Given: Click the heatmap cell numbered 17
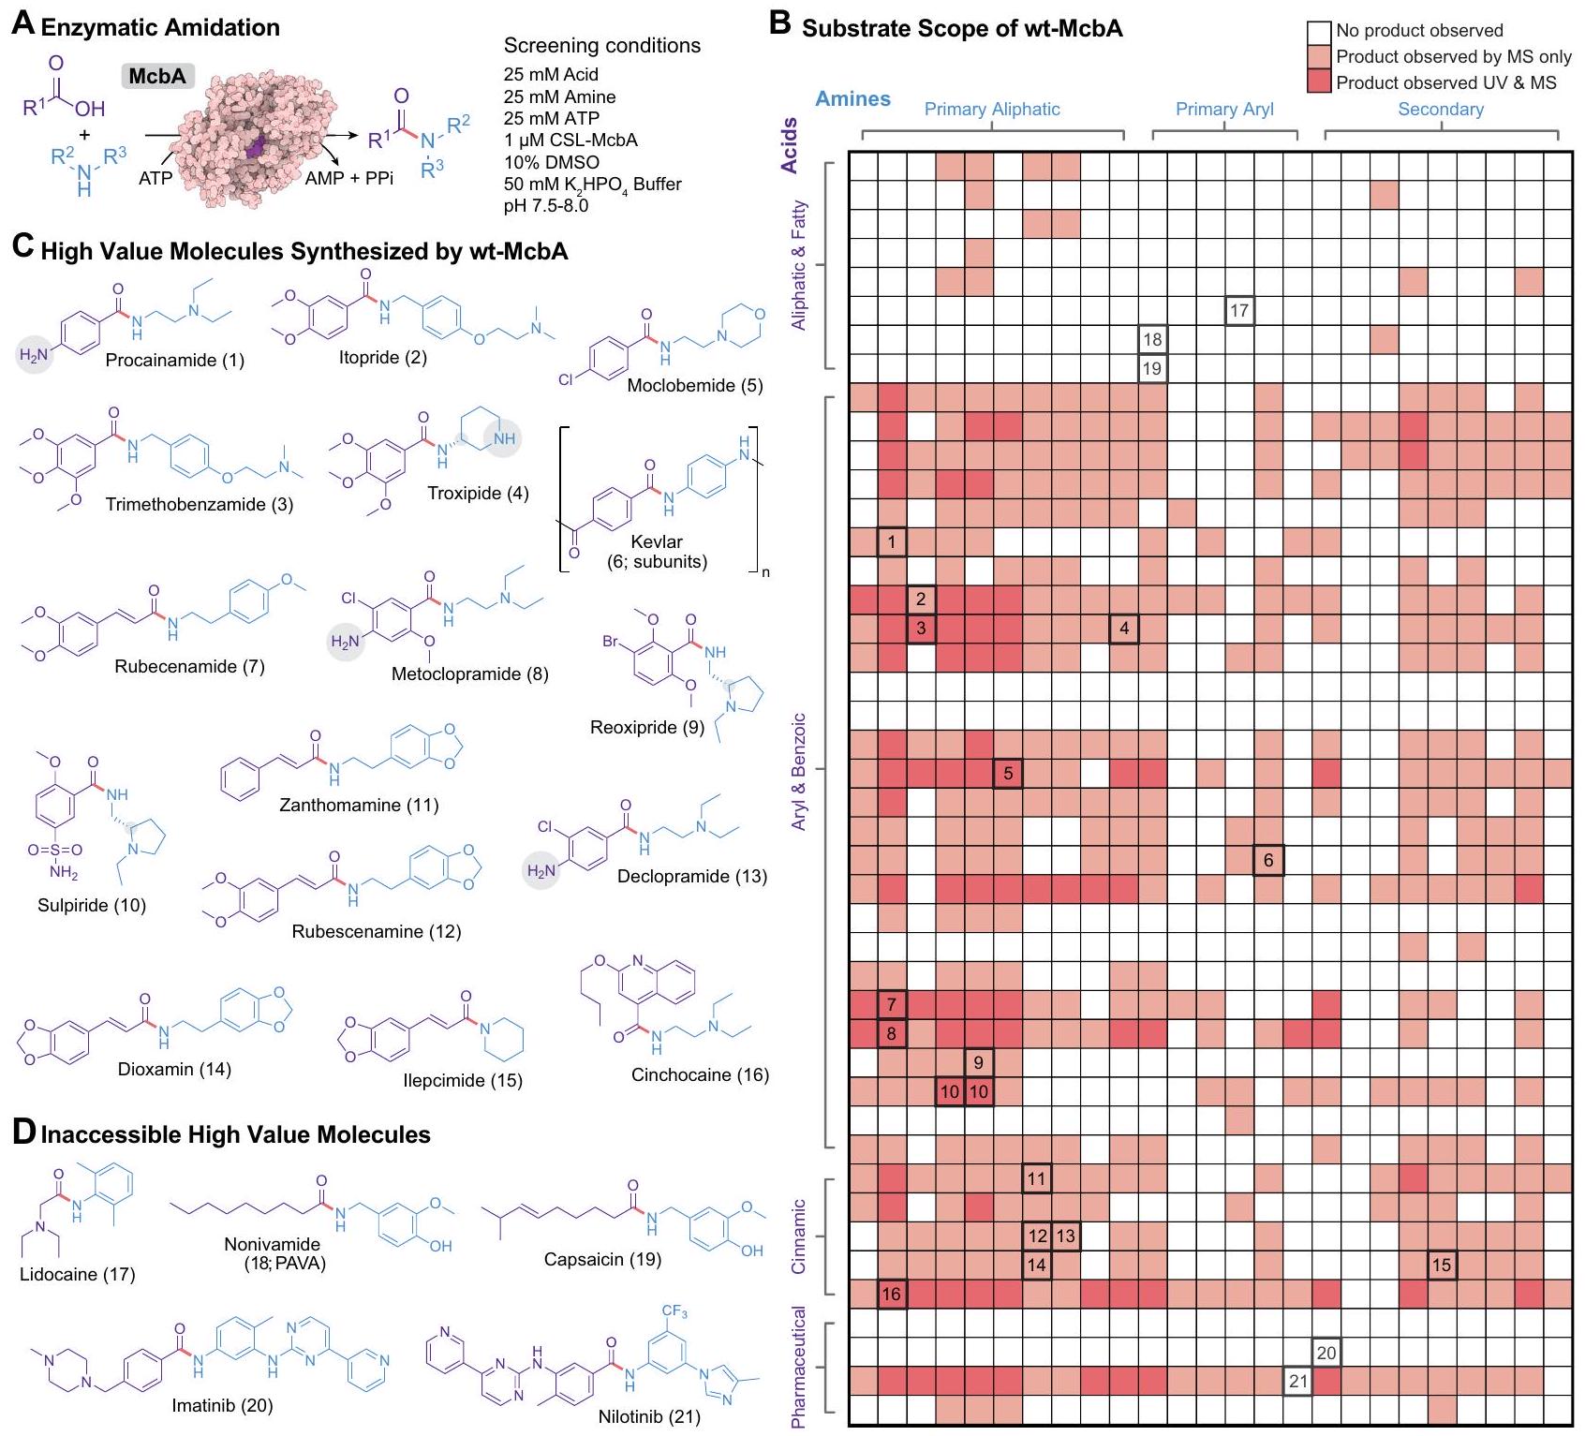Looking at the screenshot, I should pos(1239,311).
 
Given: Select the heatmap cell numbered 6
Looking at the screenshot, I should pos(1268,860).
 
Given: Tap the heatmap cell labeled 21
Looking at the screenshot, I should pos(1297,1381).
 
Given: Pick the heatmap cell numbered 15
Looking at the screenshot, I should pos(1442,1265).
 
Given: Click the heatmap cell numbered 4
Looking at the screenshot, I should pos(1124,629).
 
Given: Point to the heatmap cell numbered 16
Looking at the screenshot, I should pos(891,1294).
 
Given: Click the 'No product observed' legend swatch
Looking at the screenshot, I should pos(1319,32).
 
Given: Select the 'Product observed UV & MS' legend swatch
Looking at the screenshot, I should pos(1319,82).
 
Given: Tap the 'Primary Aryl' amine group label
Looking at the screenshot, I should pos(1224,109).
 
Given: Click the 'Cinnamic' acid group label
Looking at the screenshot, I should pos(798,1236).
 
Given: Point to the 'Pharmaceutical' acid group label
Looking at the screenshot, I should pos(798,1367).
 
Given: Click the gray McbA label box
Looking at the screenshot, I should pos(157,76).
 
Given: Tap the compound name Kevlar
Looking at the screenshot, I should pos(657,541).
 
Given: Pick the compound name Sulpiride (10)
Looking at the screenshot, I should pos(92,905).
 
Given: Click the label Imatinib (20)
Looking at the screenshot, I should pos(222,1405).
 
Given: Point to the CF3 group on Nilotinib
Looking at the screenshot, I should pos(674,1311).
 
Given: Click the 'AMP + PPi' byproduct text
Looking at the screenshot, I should pos(348,178).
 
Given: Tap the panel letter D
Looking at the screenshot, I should pos(24,1133).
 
